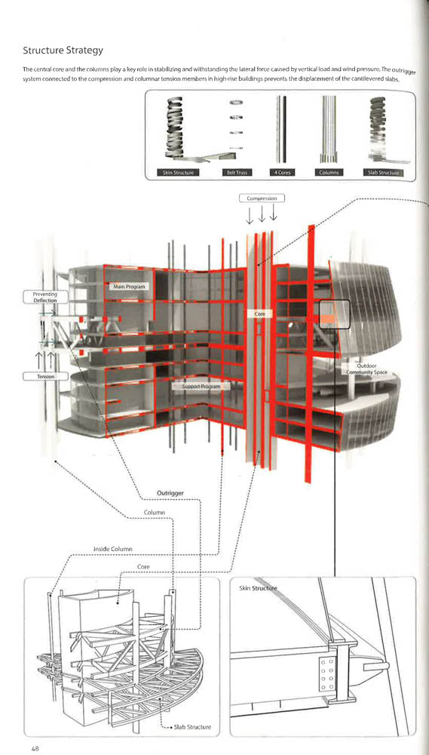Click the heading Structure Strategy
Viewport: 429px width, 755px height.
(x=63, y=51)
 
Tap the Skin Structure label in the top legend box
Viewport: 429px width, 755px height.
(x=177, y=173)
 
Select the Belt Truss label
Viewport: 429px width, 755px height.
(x=235, y=173)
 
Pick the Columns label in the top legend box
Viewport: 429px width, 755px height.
(x=329, y=173)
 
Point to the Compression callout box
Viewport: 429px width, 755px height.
(x=262, y=199)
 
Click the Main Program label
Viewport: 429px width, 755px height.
(x=129, y=287)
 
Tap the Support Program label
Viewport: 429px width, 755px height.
(x=201, y=386)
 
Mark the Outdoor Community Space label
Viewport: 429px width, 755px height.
(x=366, y=369)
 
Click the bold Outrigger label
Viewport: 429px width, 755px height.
(x=170, y=493)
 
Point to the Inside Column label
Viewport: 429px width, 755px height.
(x=113, y=548)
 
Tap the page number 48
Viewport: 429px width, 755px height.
(x=35, y=748)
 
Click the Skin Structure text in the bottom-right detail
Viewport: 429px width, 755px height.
(x=259, y=587)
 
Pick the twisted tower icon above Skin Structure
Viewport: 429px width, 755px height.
(x=178, y=128)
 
